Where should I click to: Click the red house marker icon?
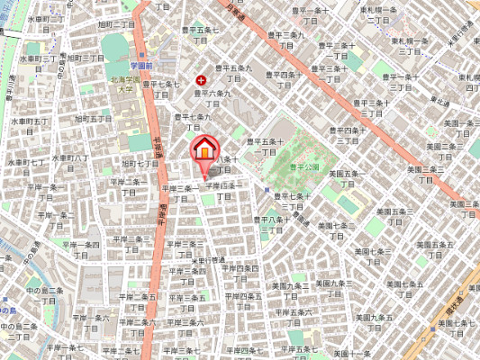pyautogui.click(x=205, y=148)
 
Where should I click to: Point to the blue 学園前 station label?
pyautogui.click(x=140, y=66)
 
